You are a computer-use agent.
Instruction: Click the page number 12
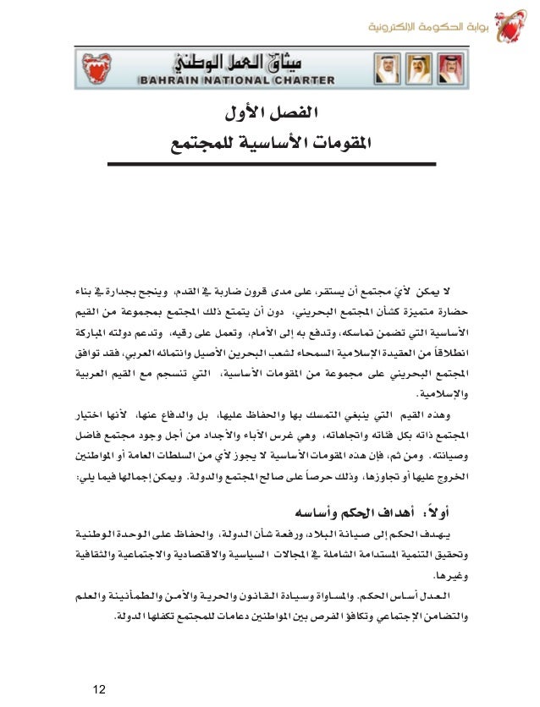(100, 671)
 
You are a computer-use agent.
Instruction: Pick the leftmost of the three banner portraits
(385, 65)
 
